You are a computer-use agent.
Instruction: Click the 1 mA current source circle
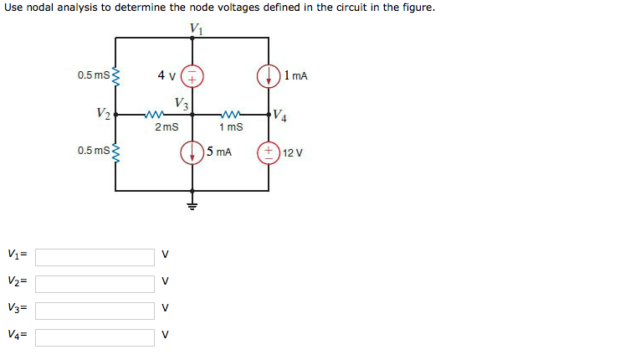tap(269, 75)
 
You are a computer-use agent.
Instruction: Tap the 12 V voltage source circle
tap(269, 152)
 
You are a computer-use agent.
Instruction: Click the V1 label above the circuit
tap(196, 28)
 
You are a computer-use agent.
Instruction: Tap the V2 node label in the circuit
tap(102, 113)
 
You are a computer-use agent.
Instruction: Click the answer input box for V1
tap(95, 256)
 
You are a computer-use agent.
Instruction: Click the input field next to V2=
tap(95, 283)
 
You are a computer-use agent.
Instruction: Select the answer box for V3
tap(95, 311)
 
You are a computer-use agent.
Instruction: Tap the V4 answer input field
tap(95, 337)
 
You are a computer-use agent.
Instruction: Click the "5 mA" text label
tap(218, 152)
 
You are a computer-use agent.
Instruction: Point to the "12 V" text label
tap(293, 153)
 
